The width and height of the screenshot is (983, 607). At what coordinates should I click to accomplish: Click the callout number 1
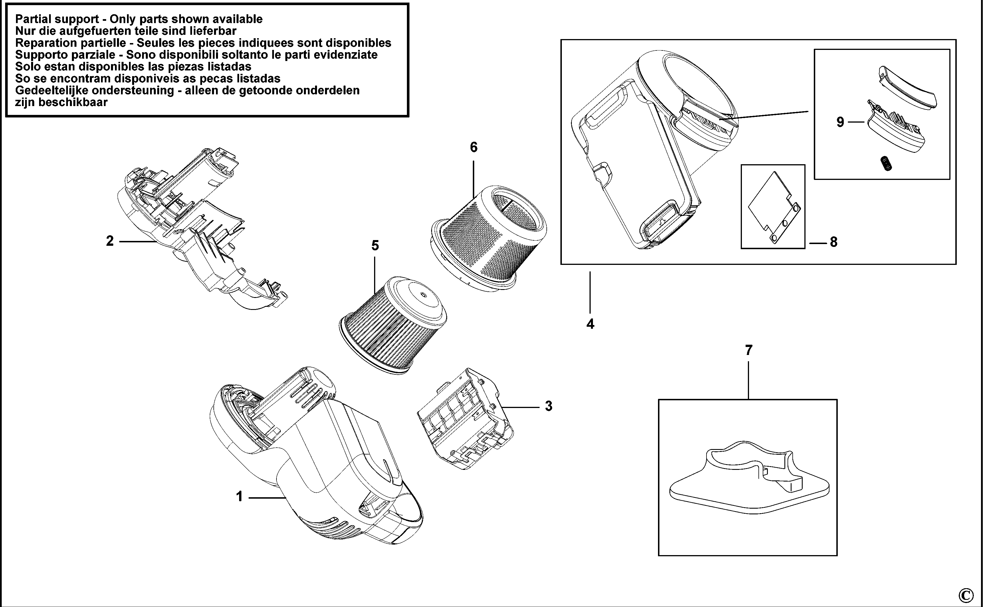[x=239, y=497]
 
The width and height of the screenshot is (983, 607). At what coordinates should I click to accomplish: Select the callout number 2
[x=110, y=241]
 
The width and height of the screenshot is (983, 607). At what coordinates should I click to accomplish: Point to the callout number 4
[x=590, y=324]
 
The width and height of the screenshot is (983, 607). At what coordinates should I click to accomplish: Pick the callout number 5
[x=375, y=245]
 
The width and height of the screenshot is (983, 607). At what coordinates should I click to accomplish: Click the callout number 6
[x=474, y=147]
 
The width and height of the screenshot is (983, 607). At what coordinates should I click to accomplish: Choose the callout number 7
[x=748, y=350]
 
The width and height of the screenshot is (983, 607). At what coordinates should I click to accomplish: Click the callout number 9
[x=840, y=122]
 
